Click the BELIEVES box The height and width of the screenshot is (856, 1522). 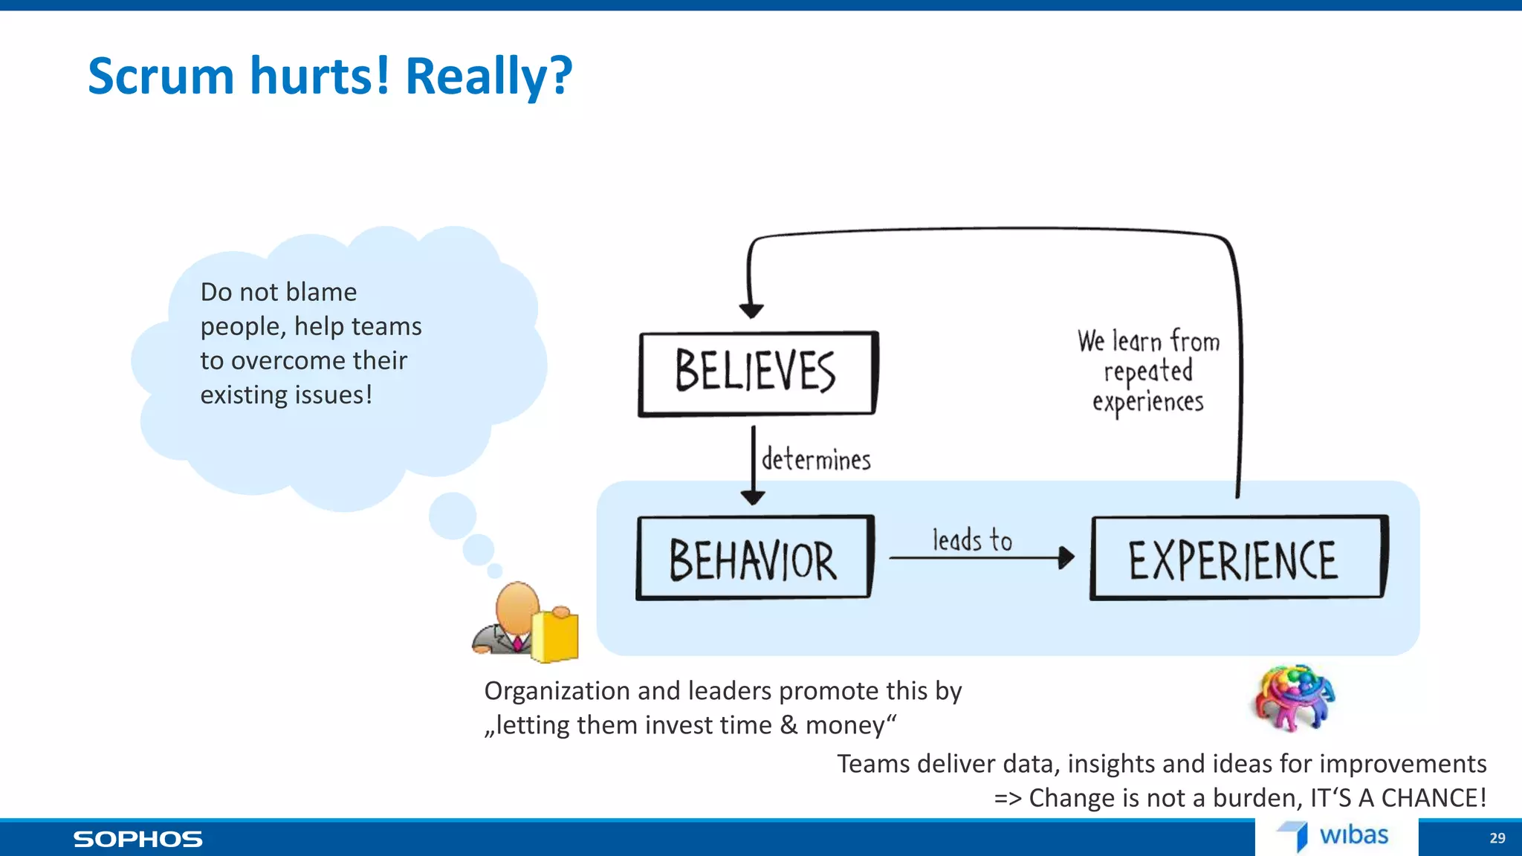(757, 373)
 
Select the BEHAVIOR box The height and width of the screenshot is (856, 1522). (754, 558)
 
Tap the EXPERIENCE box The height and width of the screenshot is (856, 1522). (1237, 558)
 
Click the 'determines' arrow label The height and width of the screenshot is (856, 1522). (816, 459)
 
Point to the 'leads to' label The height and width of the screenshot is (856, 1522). (972, 540)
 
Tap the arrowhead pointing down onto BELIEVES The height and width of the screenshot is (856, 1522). (751, 310)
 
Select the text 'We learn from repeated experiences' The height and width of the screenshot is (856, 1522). (1148, 372)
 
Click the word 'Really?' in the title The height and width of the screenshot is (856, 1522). (488, 77)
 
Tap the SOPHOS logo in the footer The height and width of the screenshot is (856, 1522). (137, 839)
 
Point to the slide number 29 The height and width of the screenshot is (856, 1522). (1497, 838)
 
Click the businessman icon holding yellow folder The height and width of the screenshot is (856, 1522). (525, 623)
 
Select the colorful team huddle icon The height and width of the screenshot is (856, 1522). (1294, 698)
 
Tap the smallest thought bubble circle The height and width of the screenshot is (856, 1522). (495, 571)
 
